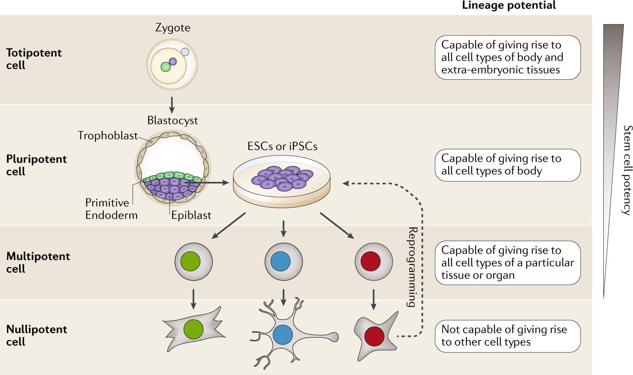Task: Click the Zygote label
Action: (172, 28)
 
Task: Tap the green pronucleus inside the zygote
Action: (166, 67)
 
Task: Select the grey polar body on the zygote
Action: (185, 52)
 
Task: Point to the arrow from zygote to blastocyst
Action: (171, 105)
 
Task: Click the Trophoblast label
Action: (108, 136)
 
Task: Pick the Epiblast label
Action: (191, 215)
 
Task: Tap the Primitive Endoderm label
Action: (111, 209)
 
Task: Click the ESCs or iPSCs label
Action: (282, 146)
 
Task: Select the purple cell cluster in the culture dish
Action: (282, 178)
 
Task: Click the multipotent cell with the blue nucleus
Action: (283, 261)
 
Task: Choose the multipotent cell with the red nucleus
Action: (373, 261)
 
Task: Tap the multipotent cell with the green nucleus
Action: (193, 261)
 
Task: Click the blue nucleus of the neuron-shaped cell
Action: (283, 335)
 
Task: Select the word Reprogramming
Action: (413, 267)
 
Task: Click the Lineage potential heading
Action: (508, 5)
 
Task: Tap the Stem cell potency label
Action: (627, 170)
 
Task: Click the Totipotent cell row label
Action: (34, 59)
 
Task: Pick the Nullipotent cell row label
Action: (36, 335)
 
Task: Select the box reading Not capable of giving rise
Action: (508, 336)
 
